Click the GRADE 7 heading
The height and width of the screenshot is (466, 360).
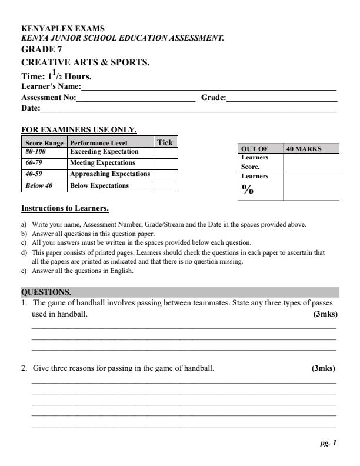pos(41,49)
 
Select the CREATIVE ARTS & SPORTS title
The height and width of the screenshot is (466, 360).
pos(85,62)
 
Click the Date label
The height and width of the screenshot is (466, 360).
pos(31,108)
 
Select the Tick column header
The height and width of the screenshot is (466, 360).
pos(165,142)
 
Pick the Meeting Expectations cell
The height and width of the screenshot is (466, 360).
pos(102,163)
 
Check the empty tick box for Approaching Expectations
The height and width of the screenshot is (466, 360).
pos(166,175)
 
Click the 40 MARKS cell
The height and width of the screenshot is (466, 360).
pos(304,149)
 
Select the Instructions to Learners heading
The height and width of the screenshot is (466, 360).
pos(65,208)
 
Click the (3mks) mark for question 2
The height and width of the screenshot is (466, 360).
pos(324,369)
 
